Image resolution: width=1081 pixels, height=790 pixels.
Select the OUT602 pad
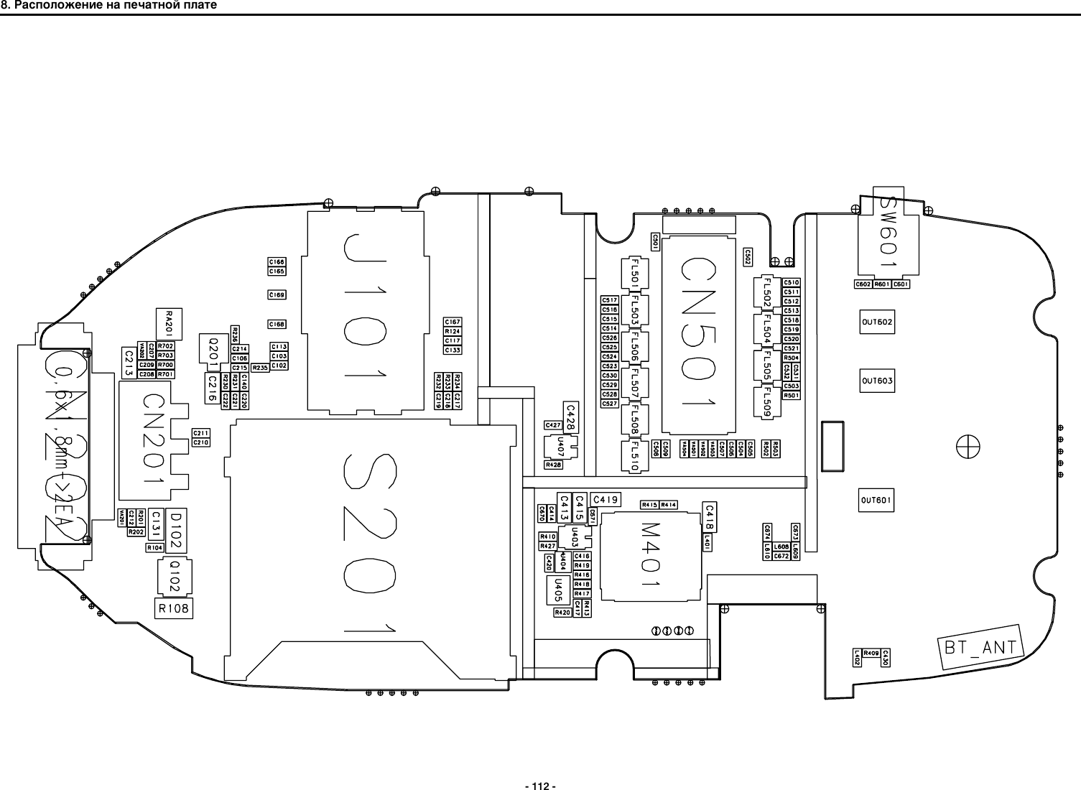pyautogui.click(x=877, y=322)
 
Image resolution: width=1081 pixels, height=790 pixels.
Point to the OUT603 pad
pyautogui.click(x=877, y=381)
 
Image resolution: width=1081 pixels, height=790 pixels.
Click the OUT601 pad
pyautogui.click(x=877, y=500)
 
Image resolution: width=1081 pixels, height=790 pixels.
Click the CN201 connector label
pyautogui.click(x=152, y=438)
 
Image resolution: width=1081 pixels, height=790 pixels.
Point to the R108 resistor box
pyautogui.click(x=174, y=608)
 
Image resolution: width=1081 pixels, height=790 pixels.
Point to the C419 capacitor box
pyautogui.click(x=606, y=498)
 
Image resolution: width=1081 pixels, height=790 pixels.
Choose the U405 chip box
pyautogui.click(x=554, y=591)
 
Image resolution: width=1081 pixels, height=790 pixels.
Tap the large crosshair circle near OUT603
pyautogui.click(x=968, y=447)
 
